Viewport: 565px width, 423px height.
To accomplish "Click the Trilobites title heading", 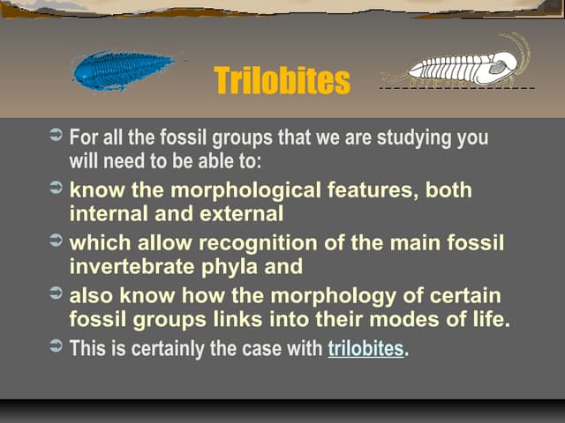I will pos(282,82).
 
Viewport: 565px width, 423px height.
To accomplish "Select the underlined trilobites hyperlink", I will pos(365,348).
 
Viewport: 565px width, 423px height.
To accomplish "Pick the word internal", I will pos(103,213).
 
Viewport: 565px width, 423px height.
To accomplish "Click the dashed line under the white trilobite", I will pos(457,89).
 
